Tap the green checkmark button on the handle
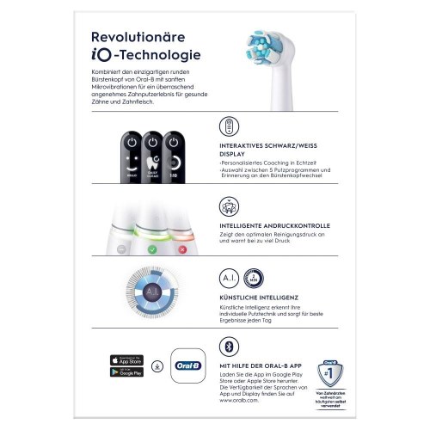point(152,249)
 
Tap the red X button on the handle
point(181,249)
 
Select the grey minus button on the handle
point(123,249)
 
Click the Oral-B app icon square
point(191,365)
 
